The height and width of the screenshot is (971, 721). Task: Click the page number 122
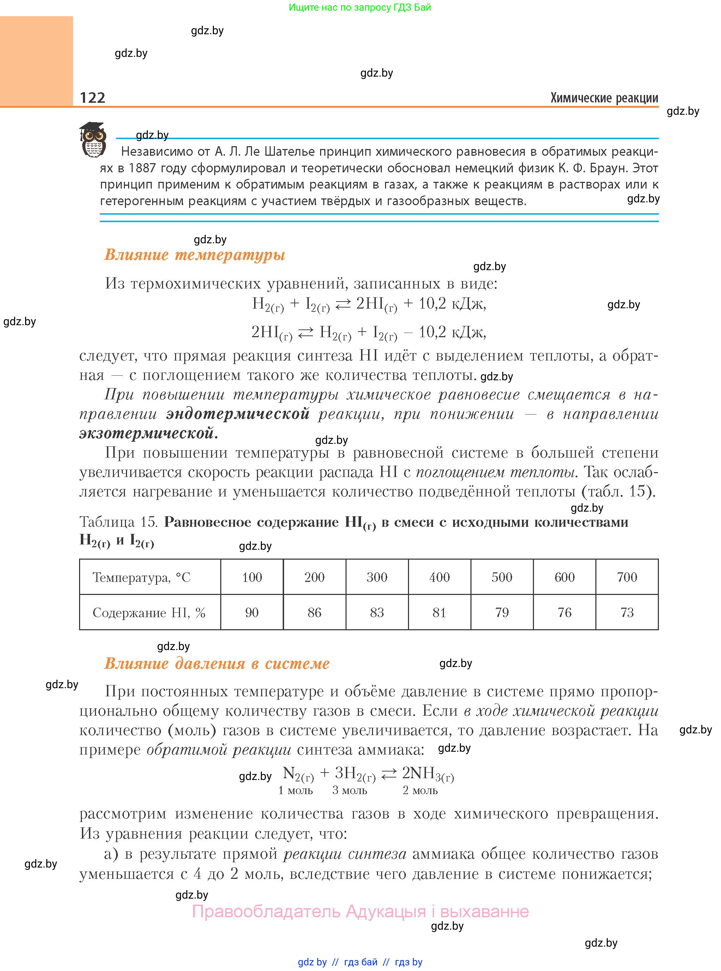[x=92, y=97]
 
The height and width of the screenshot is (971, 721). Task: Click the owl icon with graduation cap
[x=93, y=140]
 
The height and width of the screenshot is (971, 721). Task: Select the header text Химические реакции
[x=604, y=98]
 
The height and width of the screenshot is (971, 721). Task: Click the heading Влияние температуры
[x=195, y=255]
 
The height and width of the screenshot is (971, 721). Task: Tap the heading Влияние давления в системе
[x=217, y=663]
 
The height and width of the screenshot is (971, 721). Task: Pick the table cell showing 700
[x=627, y=577]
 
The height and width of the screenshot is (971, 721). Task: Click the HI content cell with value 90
[x=252, y=613]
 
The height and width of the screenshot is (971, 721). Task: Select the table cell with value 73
[x=627, y=613]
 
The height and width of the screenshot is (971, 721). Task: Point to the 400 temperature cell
[x=439, y=577]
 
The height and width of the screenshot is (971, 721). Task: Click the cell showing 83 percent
[x=377, y=613]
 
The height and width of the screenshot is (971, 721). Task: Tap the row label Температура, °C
[x=142, y=578]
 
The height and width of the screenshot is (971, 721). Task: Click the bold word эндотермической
[x=238, y=413]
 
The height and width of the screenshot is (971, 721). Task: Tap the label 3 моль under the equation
[x=350, y=790]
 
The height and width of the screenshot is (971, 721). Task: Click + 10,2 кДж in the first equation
[x=444, y=303]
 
